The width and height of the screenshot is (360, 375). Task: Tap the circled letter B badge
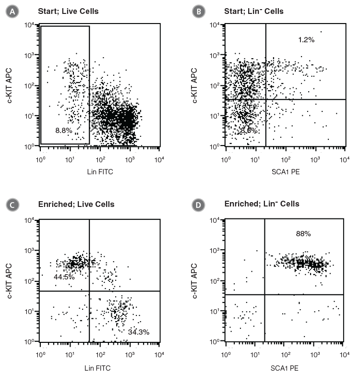196,11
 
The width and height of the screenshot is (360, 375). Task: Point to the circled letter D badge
196,204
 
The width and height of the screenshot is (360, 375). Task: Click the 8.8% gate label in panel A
63,130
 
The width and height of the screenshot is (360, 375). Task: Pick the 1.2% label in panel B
306,40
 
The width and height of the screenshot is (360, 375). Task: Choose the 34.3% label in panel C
139,332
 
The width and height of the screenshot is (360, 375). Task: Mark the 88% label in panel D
303,234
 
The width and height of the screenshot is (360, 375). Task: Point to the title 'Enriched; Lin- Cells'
262,204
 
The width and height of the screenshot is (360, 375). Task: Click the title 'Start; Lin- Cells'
254,11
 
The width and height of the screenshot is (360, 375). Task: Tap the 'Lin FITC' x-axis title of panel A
100,170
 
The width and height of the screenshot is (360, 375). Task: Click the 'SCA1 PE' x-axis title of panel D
285,364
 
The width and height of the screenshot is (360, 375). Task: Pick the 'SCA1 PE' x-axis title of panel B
285,170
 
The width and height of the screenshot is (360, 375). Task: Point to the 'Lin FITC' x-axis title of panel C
100,364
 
